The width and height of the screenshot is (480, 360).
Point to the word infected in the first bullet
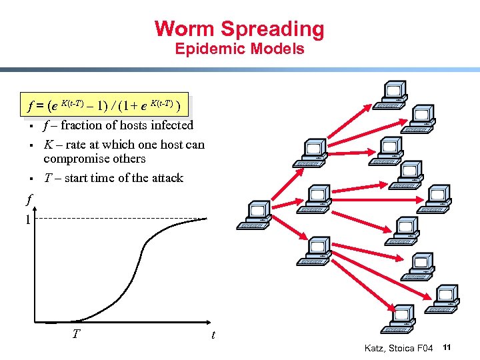tap(172, 125)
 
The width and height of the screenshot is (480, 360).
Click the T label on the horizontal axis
tap(77, 331)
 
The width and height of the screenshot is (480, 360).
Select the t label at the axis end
tap(213, 335)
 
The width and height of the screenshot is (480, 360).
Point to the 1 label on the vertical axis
tap(27, 219)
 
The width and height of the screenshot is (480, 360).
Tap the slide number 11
tap(447, 347)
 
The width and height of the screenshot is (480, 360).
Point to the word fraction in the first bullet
tap(82, 125)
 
